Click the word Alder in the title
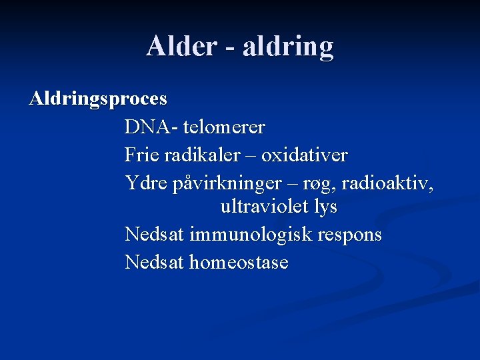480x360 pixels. (181, 46)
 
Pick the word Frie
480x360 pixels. (141, 155)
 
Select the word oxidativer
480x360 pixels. (305, 155)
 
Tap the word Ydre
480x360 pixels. (145, 182)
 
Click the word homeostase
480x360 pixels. (239, 262)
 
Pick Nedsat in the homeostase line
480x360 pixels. (155, 262)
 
